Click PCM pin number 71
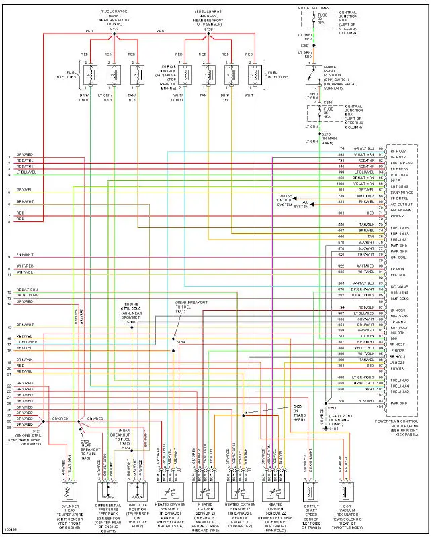[x=381, y=213]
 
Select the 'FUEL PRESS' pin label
[x=401, y=163]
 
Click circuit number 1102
[x=341, y=184]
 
